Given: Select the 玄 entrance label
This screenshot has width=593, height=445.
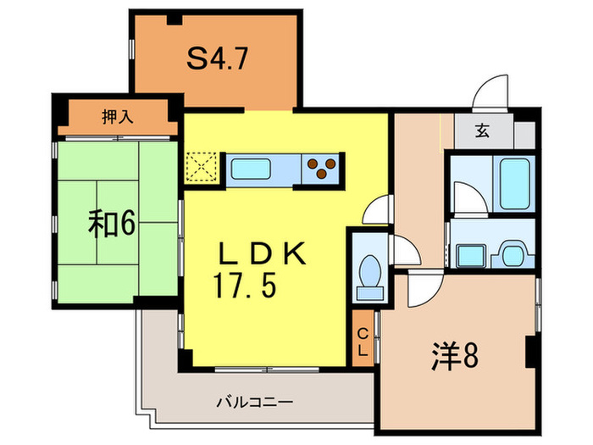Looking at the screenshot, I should tap(481, 131).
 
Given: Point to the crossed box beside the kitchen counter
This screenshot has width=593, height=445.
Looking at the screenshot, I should tap(202, 167).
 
